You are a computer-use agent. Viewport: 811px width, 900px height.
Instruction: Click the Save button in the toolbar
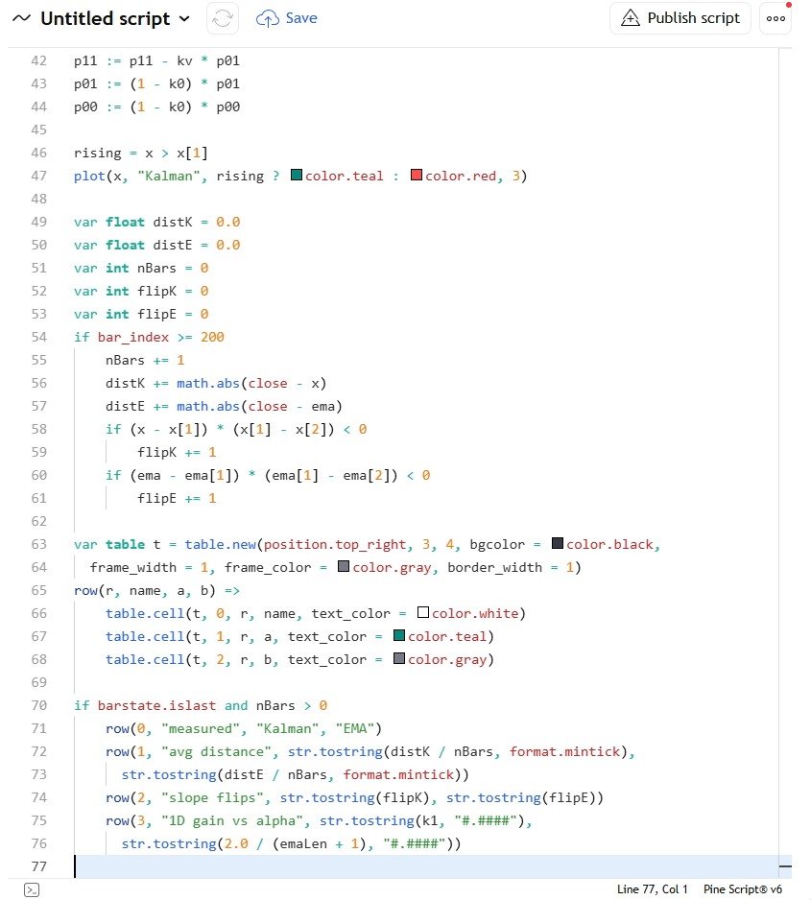coord(286,18)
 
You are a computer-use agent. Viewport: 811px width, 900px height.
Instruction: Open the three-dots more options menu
coord(775,18)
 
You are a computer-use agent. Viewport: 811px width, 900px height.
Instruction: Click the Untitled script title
coord(105,18)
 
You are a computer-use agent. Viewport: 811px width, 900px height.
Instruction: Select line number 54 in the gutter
coord(39,337)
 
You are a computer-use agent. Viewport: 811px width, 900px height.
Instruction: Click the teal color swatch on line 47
coord(297,175)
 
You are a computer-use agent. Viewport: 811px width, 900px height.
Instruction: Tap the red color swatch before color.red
coord(417,175)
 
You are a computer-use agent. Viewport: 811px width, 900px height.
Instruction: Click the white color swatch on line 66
coord(423,612)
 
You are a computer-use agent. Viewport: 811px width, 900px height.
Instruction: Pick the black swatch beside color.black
coord(558,543)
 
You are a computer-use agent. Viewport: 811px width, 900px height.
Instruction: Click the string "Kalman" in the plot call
coord(172,177)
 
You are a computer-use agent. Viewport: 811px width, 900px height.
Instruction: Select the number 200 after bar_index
coord(212,337)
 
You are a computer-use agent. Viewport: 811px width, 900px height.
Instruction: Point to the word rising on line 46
coord(98,154)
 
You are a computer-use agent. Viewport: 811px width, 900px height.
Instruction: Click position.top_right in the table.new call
coord(335,545)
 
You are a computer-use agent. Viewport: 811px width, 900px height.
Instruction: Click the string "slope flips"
coord(216,798)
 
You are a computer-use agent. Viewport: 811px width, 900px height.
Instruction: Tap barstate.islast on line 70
coord(156,705)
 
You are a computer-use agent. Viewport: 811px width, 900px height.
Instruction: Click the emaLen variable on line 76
coord(303,843)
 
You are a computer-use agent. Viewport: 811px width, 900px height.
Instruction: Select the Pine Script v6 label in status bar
coord(743,889)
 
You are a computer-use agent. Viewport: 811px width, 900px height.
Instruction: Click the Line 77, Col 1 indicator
coord(652,889)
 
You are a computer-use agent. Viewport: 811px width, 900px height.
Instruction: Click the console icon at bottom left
coord(32,889)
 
